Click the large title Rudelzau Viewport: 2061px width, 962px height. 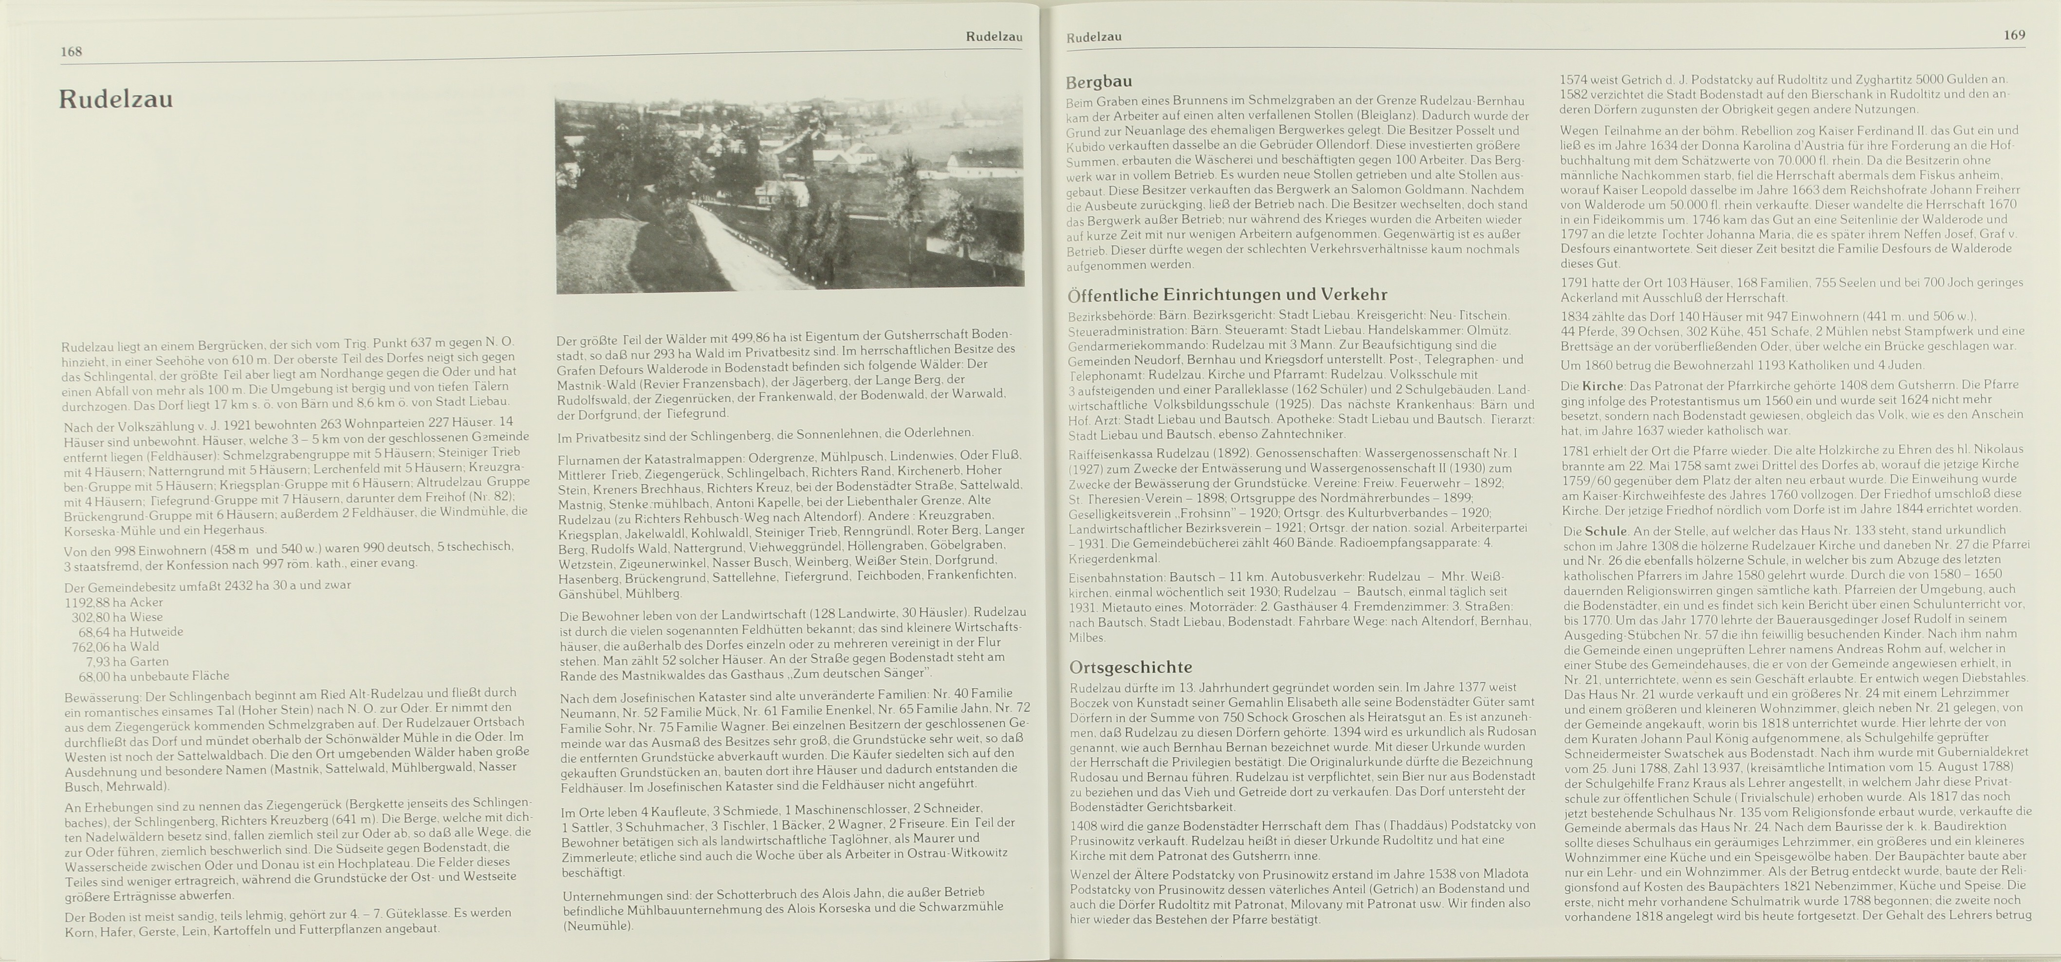[x=116, y=100]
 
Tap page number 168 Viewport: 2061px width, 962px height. [x=71, y=52]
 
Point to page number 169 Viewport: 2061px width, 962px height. [x=2014, y=35]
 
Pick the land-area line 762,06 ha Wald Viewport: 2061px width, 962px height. [x=115, y=647]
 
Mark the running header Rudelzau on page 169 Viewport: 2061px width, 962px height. [x=1094, y=37]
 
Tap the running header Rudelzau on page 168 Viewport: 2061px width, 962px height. [x=994, y=37]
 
